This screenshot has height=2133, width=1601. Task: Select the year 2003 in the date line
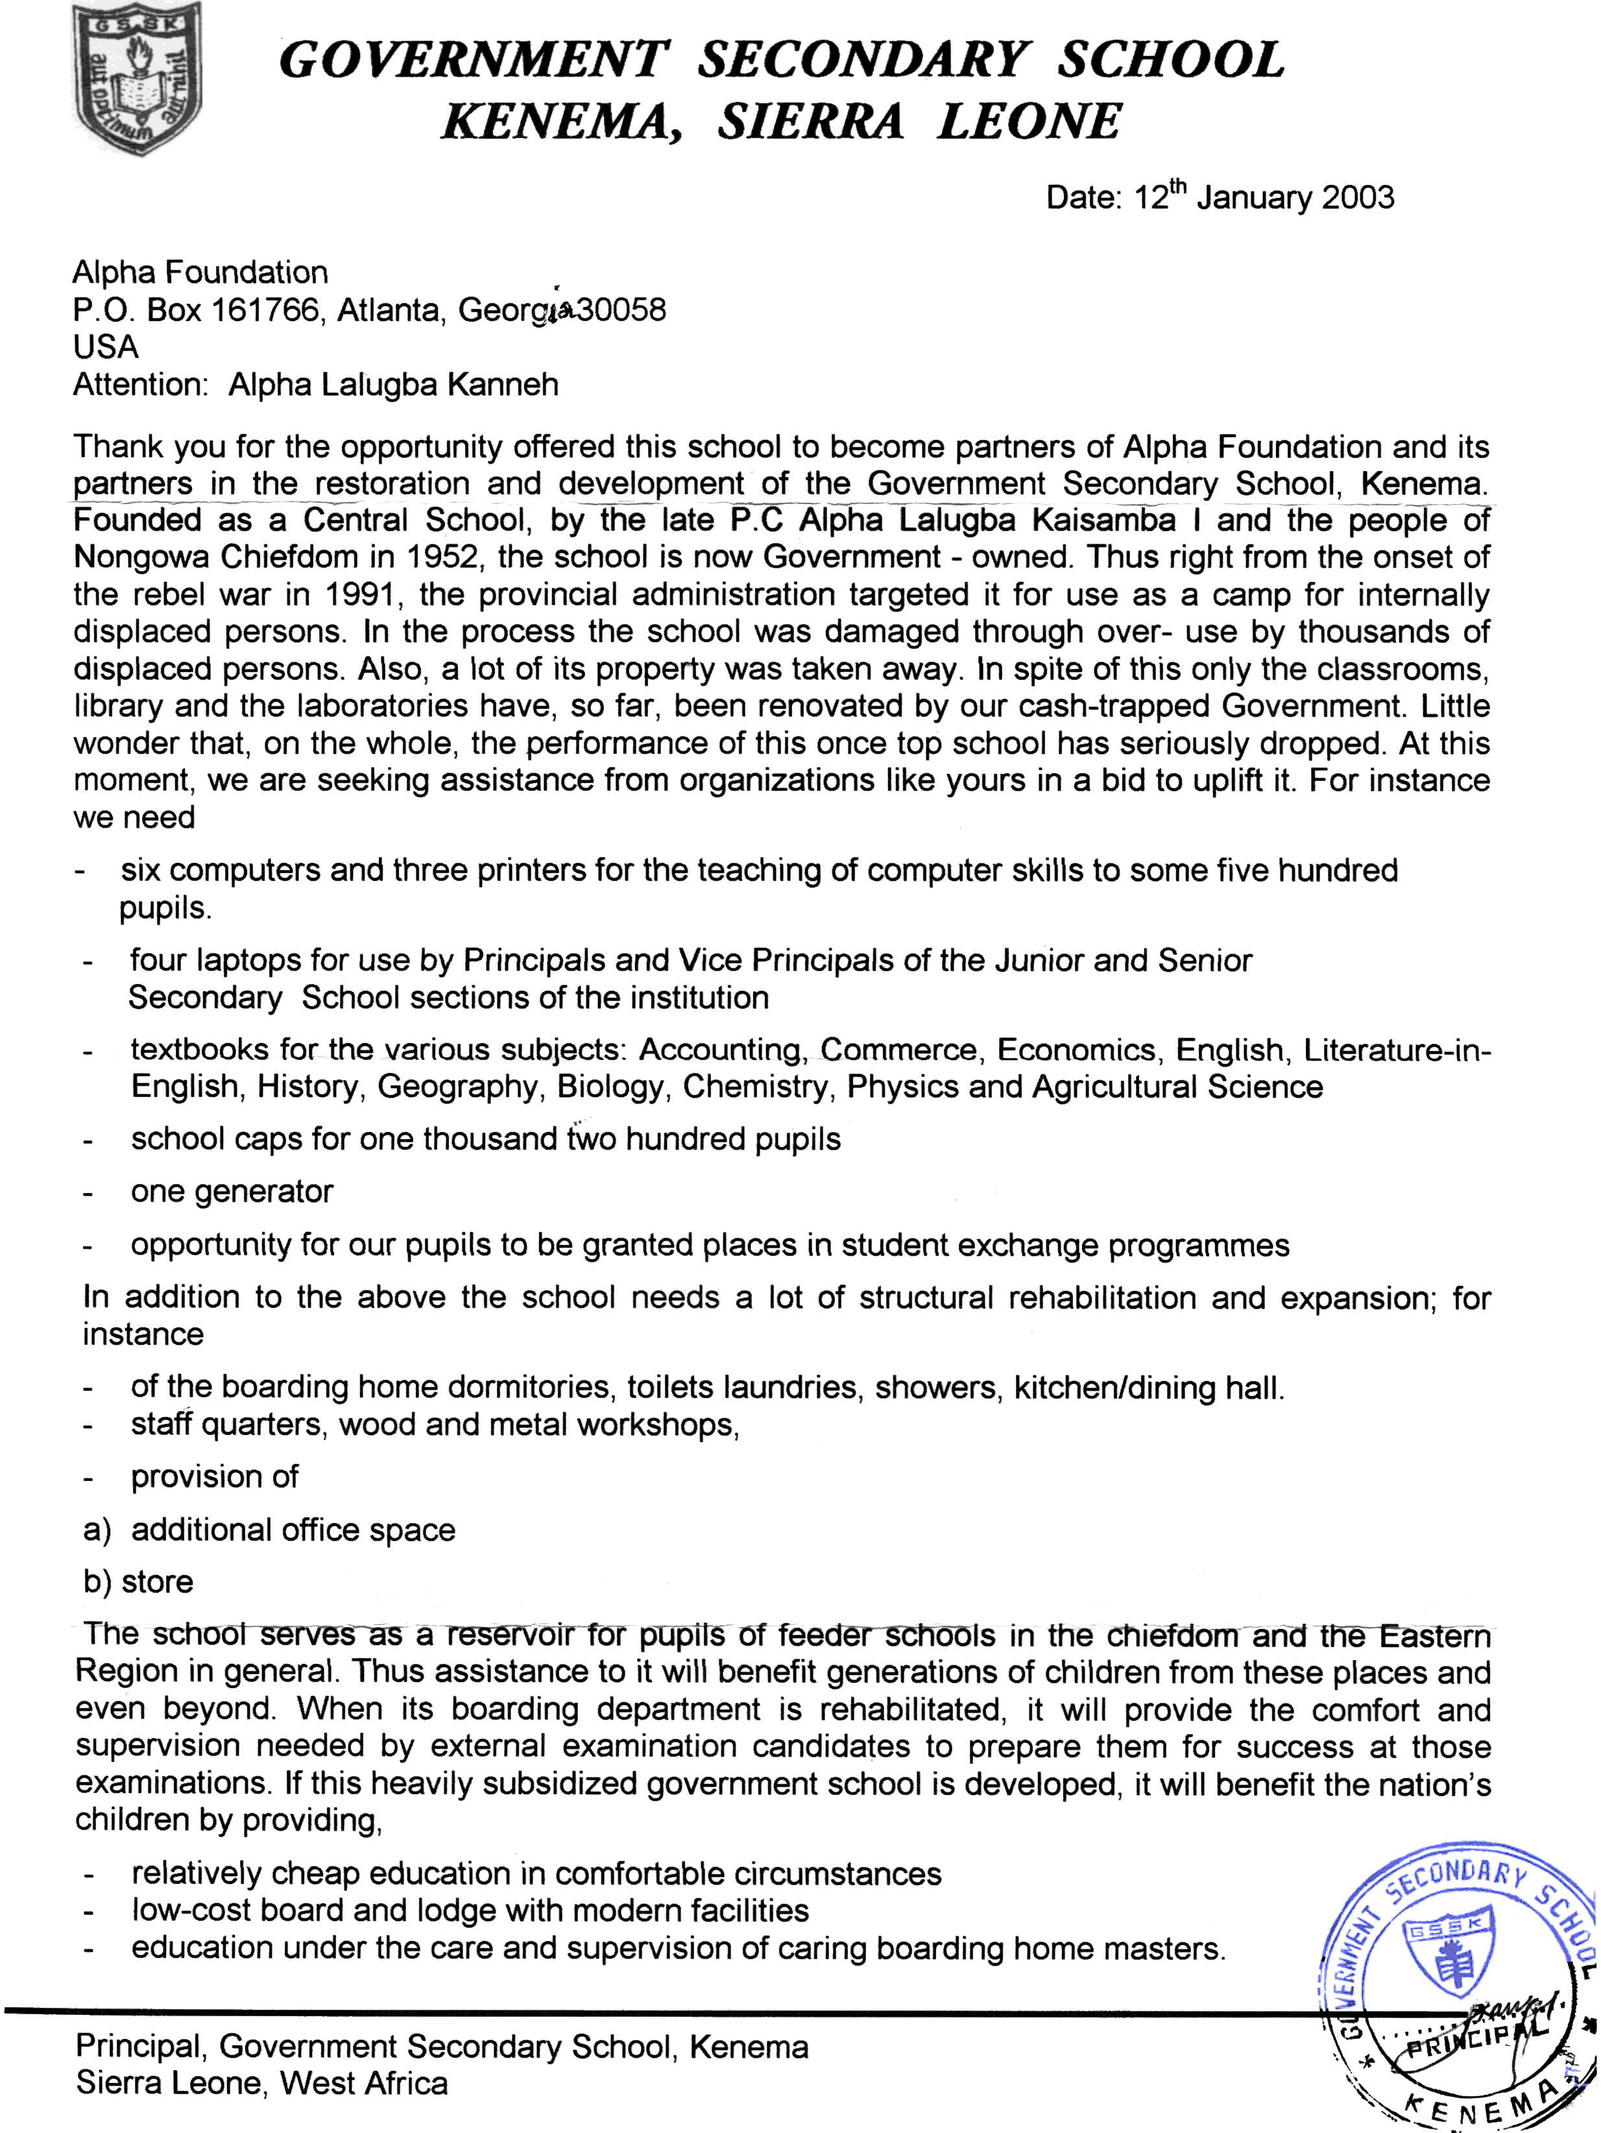click(1358, 198)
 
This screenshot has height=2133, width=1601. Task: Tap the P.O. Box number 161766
click(264, 311)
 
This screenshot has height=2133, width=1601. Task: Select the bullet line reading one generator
click(232, 1191)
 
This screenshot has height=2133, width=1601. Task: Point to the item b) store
click(138, 1582)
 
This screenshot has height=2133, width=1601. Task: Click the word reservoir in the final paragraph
click(509, 1635)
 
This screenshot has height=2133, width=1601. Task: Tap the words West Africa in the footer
click(365, 2084)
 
